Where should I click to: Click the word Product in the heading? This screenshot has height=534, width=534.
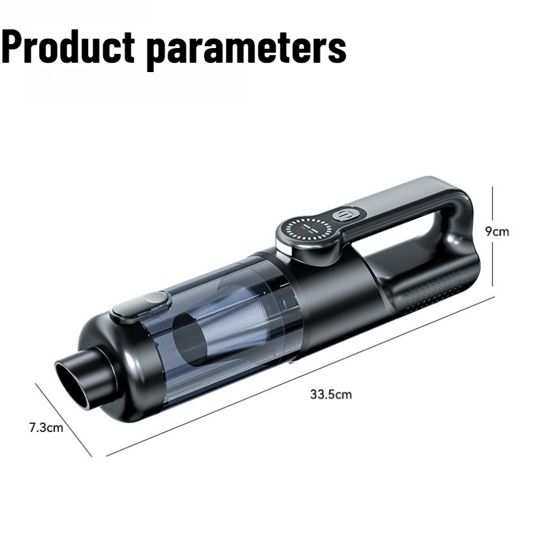(69, 46)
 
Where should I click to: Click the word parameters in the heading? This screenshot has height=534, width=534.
(247, 50)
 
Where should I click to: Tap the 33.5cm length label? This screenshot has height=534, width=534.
(330, 394)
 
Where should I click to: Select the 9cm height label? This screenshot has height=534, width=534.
(497, 232)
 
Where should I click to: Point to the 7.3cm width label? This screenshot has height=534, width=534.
(46, 427)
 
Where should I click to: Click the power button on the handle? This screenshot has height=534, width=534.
(344, 215)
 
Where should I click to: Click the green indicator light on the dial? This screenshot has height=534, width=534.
(310, 232)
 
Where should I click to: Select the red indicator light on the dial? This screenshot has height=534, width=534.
(303, 228)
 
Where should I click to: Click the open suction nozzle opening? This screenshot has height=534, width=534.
(73, 384)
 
